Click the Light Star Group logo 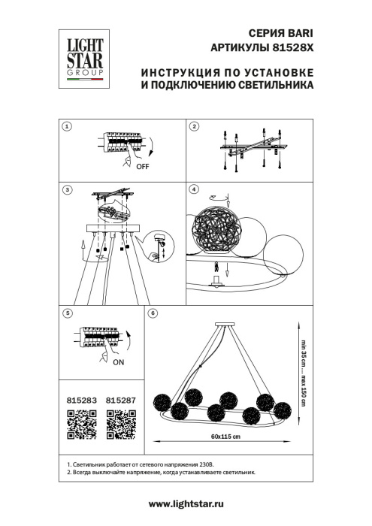pos(80,55)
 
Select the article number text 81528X pos(292,48)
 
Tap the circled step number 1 pos(67,128)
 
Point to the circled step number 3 pos(67,191)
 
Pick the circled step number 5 pos(67,312)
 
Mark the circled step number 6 pos(153,312)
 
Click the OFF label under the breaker pos(143,168)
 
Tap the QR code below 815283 pos(80,428)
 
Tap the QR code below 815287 pos(120,428)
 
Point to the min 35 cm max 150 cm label pos(303,373)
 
